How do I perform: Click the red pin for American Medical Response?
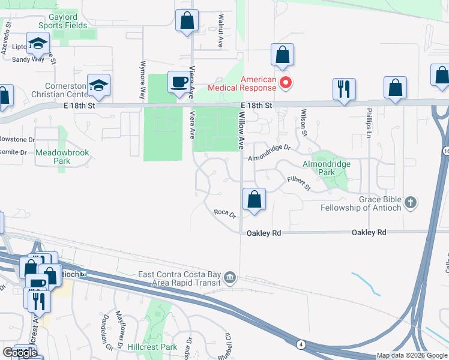pos(286,83)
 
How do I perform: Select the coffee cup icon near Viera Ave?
pos(178,82)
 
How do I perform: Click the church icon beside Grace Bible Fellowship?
pos(411,202)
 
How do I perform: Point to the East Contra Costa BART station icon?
pos(230,278)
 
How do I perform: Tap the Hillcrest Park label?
pos(152,347)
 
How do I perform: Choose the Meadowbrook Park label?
pos(62,157)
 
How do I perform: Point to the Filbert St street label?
pos(298,183)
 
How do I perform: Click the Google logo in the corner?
pos(20,353)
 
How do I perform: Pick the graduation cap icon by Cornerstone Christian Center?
pos(98,85)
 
